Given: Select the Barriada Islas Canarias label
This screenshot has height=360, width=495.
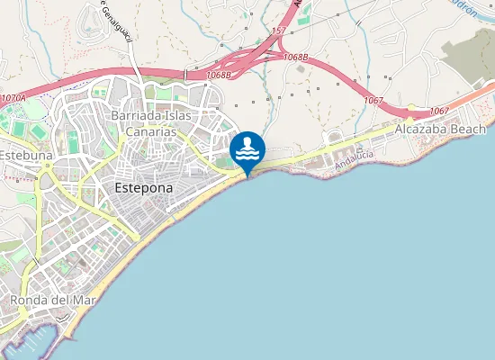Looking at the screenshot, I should pos(144,123).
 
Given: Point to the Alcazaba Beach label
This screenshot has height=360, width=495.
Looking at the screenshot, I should pos(440,130).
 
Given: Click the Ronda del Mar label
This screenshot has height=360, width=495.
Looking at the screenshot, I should pos(47,299).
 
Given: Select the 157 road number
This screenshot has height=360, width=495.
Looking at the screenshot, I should pos(278,31).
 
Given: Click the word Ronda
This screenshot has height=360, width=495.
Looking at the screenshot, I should pos(27,299).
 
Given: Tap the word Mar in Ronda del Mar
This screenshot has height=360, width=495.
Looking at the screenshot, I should pos(75,299).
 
